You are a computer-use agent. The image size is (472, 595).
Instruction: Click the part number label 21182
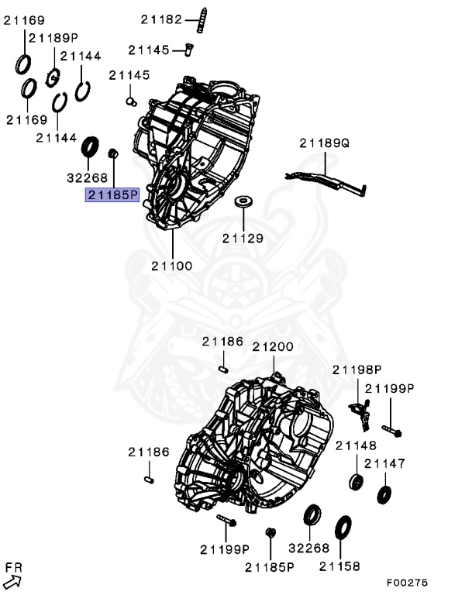(x=160, y=19)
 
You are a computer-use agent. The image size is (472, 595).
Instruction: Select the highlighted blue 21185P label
(x=112, y=194)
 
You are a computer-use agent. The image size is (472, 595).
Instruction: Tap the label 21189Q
(x=325, y=143)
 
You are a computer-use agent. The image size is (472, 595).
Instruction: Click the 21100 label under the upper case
(x=171, y=266)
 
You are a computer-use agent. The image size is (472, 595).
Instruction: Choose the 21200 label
(x=272, y=346)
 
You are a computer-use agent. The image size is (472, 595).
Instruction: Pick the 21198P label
(x=357, y=370)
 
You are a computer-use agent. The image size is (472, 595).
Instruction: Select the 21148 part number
(x=357, y=445)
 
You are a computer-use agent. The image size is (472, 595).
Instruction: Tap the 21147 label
(x=384, y=463)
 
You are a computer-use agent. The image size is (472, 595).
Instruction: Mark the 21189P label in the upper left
(x=53, y=37)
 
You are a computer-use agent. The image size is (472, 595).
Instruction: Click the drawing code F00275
(x=408, y=583)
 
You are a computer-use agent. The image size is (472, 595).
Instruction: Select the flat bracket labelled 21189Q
(x=325, y=181)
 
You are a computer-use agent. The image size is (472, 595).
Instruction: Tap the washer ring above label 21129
(x=244, y=202)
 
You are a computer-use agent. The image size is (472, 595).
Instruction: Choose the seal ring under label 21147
(x=384, y=494)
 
